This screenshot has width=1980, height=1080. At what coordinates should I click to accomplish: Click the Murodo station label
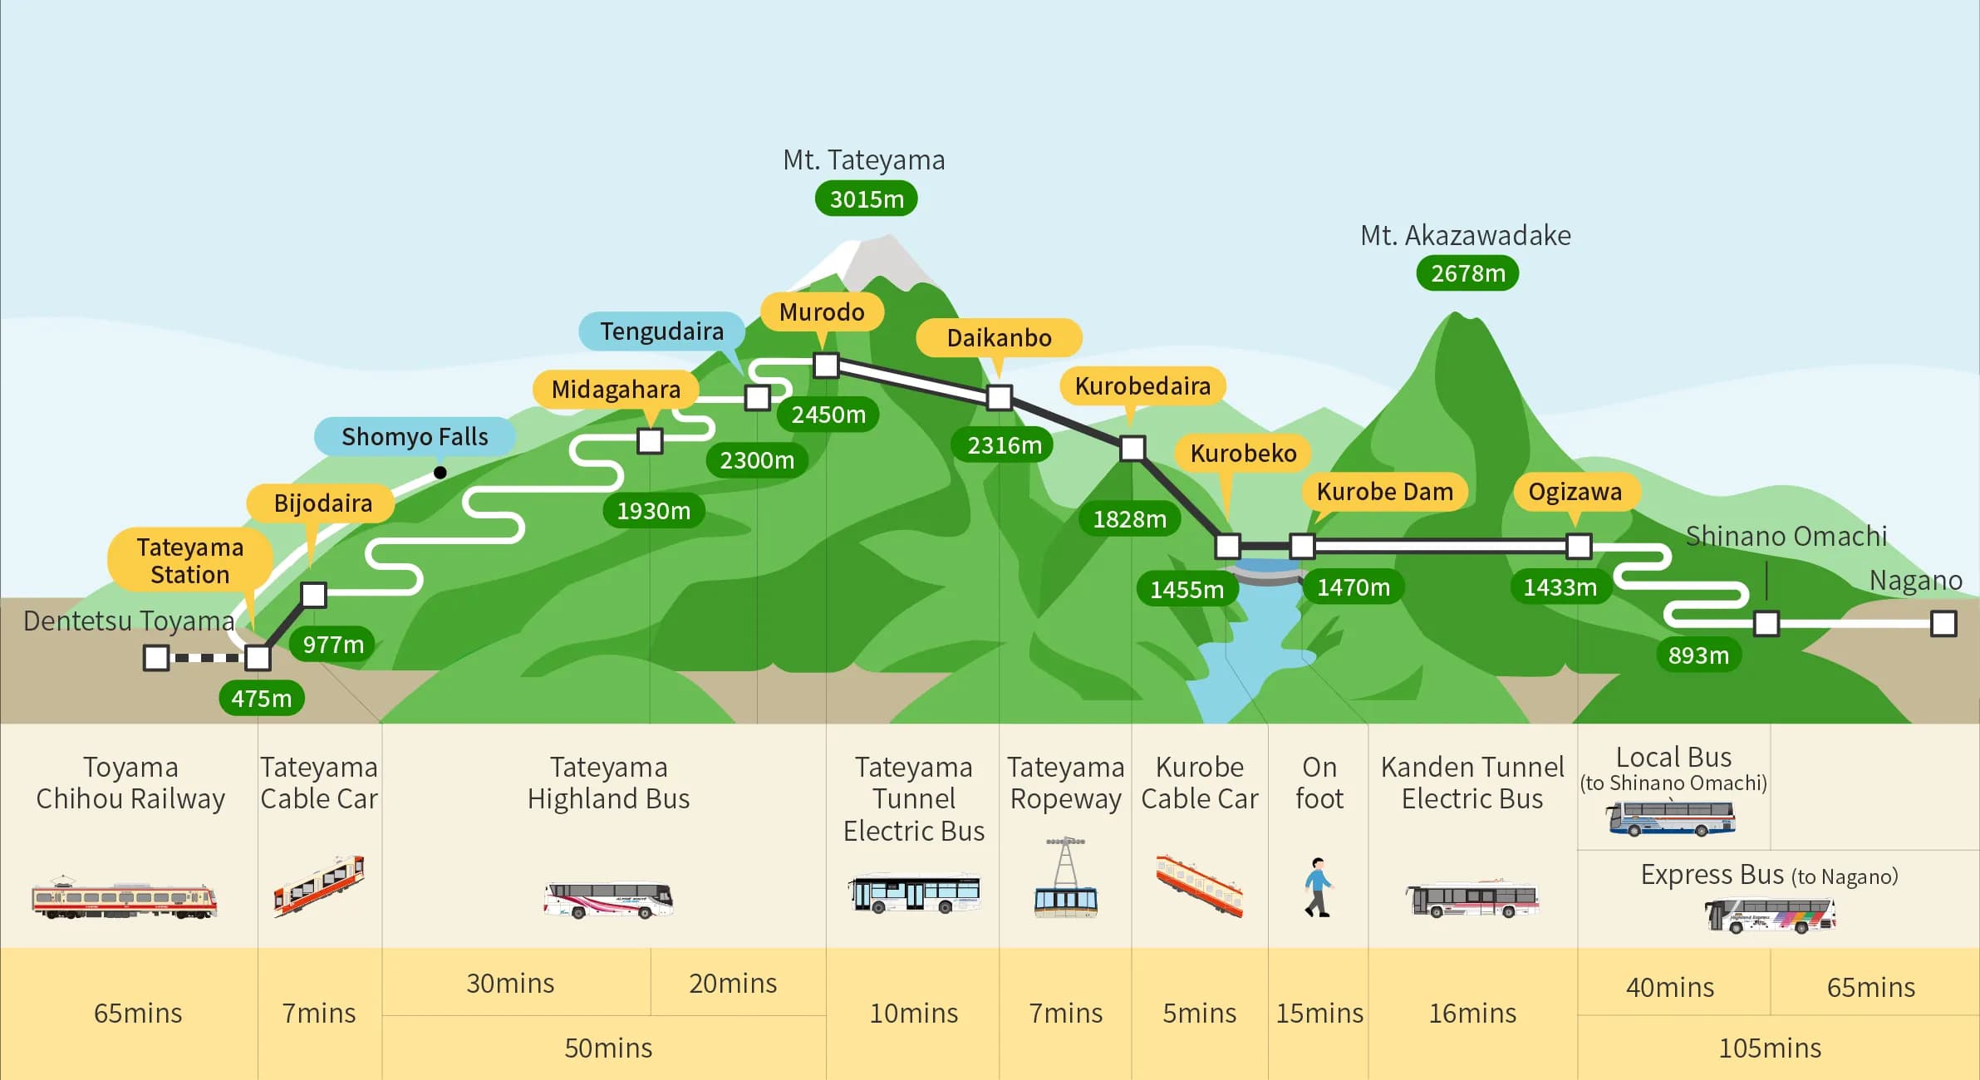822,312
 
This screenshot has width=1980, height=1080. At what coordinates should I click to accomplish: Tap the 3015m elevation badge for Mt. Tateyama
866,199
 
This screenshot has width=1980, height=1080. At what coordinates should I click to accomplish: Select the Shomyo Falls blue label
415,437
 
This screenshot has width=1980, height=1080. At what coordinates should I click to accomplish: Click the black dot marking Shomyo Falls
440,473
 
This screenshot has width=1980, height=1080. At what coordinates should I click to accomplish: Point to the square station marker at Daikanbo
1000,398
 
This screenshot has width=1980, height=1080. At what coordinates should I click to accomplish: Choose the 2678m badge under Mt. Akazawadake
1467,273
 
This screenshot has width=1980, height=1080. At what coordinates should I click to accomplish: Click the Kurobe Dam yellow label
1384,492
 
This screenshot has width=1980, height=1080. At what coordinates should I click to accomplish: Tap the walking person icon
1318,887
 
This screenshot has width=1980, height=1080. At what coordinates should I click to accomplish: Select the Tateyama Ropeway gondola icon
1065,879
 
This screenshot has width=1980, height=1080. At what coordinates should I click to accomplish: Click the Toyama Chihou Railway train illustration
124,899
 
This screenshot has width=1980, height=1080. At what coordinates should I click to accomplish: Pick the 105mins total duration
1769,1048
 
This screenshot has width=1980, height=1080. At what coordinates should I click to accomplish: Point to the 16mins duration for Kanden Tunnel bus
1472,1014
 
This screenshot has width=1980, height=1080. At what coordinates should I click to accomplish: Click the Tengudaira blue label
661,331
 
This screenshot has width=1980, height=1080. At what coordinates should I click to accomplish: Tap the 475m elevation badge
261,699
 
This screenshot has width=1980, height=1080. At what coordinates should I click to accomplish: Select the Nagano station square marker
1943,624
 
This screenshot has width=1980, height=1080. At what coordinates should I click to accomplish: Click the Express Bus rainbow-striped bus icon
1770,916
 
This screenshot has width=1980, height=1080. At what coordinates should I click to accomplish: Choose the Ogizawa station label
1575,492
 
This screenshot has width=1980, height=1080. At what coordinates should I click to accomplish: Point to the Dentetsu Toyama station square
156,658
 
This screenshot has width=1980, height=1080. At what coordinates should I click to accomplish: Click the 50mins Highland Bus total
608,1048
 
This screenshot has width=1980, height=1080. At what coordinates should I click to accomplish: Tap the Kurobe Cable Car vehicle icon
1199,885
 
